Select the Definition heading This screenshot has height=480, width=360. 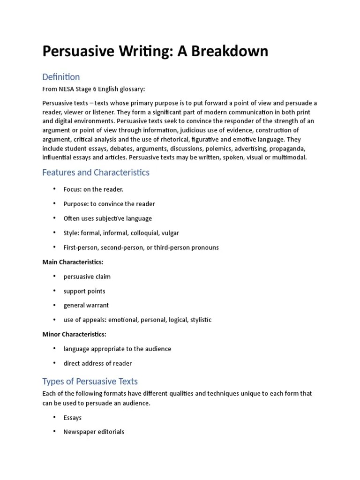[x=61, y=77]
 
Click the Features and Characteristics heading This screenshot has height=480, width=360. [x=96, y=172]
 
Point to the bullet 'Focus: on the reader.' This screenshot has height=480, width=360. [x=93, y=189]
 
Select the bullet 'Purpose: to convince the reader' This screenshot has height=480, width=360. [x=109, y=204]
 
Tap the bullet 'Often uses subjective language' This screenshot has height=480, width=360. [x=107, y=218]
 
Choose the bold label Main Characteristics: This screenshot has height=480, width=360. [x=73, y=262]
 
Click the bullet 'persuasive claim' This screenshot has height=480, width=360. [x=87, y=277]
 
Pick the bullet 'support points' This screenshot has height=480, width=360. [x=84, y=291]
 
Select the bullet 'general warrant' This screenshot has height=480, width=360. [x=86, y=305]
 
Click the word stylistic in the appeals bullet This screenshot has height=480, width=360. [x=201, y=320]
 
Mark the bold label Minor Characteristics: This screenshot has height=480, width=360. [x=74, y=334]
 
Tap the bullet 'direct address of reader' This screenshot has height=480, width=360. [x=97, y=363]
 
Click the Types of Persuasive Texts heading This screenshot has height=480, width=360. [x=90, y=381]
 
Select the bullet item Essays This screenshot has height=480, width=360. [x=72, y=418]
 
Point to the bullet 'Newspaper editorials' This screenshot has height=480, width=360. [x=94, y=432]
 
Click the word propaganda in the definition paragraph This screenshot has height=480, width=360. [x=287, y=148]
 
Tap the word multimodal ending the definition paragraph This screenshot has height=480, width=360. [x=290, y=157]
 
